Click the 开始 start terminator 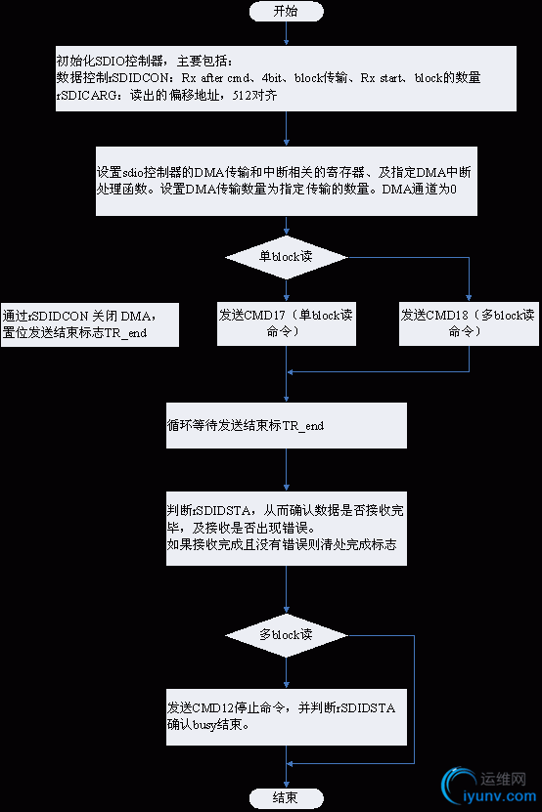coord(286,12)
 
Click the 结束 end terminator coord(286,798)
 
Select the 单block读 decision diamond coord(286,257)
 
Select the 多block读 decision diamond coord(286,634)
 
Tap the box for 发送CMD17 coord(286,323)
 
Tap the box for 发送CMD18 coord(470,323)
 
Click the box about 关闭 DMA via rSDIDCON coord(90,323)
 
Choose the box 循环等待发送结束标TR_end coord(286,427)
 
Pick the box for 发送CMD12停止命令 coord(286,717)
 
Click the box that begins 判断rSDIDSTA coord(286,527)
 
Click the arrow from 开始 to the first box coord(286,33)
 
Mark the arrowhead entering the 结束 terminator coord(286,784)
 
